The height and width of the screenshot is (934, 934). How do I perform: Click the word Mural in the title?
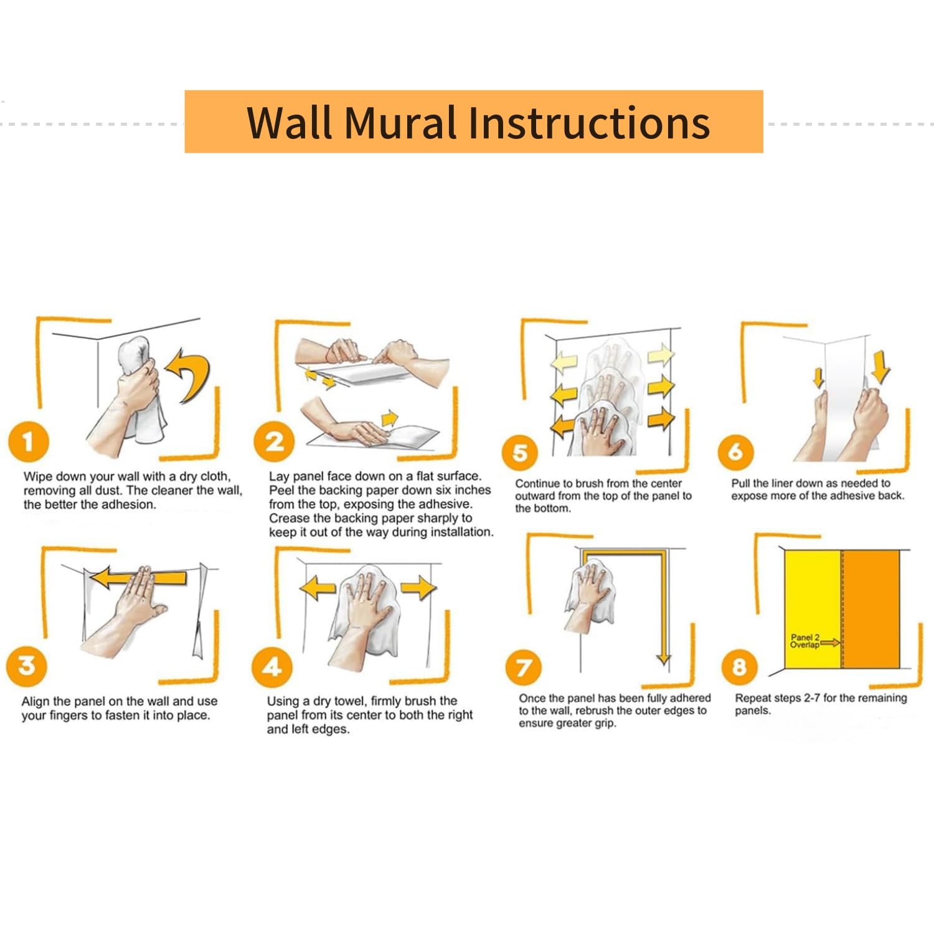(400, 122)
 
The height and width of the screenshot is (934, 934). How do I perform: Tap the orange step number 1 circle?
(28, 441)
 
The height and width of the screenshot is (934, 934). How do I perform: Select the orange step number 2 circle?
(274, 441)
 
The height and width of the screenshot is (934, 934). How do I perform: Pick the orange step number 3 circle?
(26, 666)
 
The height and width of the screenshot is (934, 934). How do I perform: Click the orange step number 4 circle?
(271, 667)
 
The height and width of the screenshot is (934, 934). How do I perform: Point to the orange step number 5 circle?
(519, 453)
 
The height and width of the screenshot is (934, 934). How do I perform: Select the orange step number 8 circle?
(739, 666)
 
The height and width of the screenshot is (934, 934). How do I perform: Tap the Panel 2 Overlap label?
(804, 641)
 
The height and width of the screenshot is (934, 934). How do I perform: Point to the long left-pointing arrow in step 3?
(138, 577)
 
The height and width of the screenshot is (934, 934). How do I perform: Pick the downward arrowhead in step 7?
(664, 658)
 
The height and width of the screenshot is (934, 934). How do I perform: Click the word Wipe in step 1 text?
(37, 477)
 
